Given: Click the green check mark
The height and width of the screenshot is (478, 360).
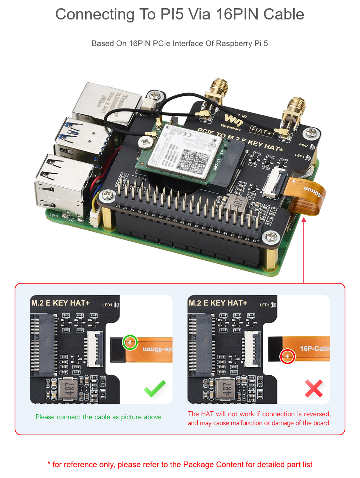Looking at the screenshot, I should pos(155,388).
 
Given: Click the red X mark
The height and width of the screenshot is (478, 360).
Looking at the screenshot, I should pos(314,388).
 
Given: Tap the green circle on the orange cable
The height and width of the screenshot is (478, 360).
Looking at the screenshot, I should pos(130,342).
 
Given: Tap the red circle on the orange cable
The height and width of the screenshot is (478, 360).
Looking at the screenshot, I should pos(288,356).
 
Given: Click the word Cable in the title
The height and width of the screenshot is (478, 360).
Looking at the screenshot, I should pos(283,14).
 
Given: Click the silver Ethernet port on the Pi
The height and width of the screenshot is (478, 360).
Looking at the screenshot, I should pos(106,103).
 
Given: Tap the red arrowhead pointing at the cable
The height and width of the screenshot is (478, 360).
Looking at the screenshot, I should pos(304,220).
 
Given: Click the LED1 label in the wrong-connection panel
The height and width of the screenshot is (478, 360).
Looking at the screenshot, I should pos(264,305).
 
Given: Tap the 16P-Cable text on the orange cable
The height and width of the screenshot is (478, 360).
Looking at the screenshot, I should pos(314,349).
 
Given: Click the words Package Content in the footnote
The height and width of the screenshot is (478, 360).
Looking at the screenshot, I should pos(213,465).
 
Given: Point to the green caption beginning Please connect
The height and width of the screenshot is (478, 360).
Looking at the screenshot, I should pos(98,417).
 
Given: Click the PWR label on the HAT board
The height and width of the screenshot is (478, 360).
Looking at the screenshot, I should pos(303,145).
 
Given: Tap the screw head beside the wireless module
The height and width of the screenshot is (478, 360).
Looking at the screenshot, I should pos(145,142).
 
